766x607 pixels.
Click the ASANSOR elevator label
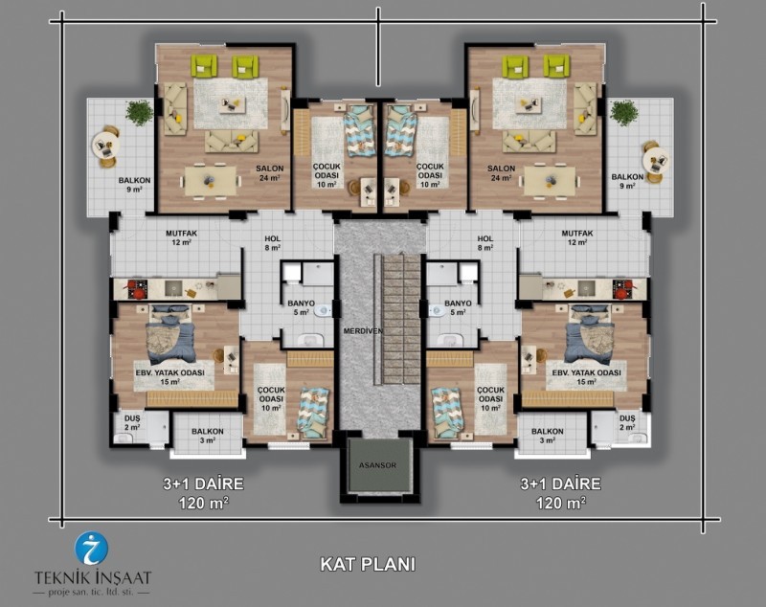tap(377, 465)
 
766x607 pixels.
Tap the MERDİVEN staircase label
tap(363, 331)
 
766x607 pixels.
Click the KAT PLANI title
tap(368, 565)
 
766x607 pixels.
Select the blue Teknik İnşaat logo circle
tap(91, 549)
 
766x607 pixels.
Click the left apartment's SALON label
tap(270, 169)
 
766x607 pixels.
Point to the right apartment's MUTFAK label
tap(577, 234)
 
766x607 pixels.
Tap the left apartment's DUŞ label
tap(132, 418)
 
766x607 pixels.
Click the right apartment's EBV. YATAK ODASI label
tap(586, 372)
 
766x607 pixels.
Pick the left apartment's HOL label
tap(272, 238)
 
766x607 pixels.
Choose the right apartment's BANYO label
tap(458, 303)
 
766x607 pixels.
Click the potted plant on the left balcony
tap(139, 113)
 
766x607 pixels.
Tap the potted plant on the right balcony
tap(623, 113)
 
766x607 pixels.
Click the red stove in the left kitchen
tap(138, 289)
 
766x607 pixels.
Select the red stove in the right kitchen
tap(622, 289)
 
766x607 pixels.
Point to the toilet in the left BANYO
tap(323, 311)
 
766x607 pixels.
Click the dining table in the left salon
tap(211, 181)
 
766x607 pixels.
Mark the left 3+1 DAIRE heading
tap(203, 483)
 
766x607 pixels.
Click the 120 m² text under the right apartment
tap(561, 502)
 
